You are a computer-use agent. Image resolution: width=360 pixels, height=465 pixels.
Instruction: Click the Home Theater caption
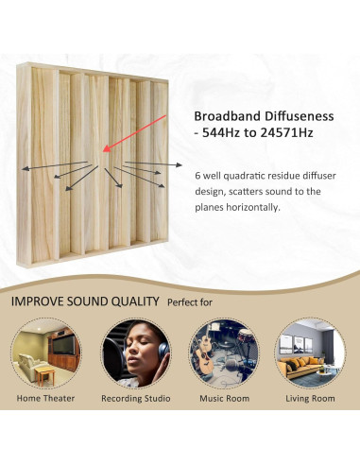coord(46,399)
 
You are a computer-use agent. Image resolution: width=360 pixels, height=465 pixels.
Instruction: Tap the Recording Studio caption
coord(135,399)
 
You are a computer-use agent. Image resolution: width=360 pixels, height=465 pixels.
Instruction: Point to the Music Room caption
coord(224,399)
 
